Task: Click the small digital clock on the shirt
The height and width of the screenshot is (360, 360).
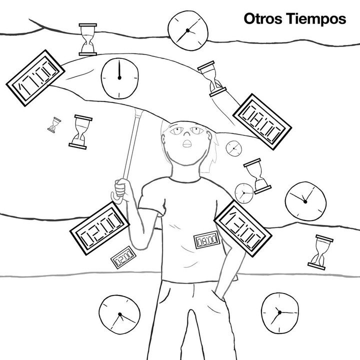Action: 205,242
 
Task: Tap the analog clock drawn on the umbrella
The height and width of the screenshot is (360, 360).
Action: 119,79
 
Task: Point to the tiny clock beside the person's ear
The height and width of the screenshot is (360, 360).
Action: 233,148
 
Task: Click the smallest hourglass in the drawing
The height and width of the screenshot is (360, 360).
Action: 54,124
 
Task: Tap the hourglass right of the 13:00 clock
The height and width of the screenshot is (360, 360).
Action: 318,251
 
